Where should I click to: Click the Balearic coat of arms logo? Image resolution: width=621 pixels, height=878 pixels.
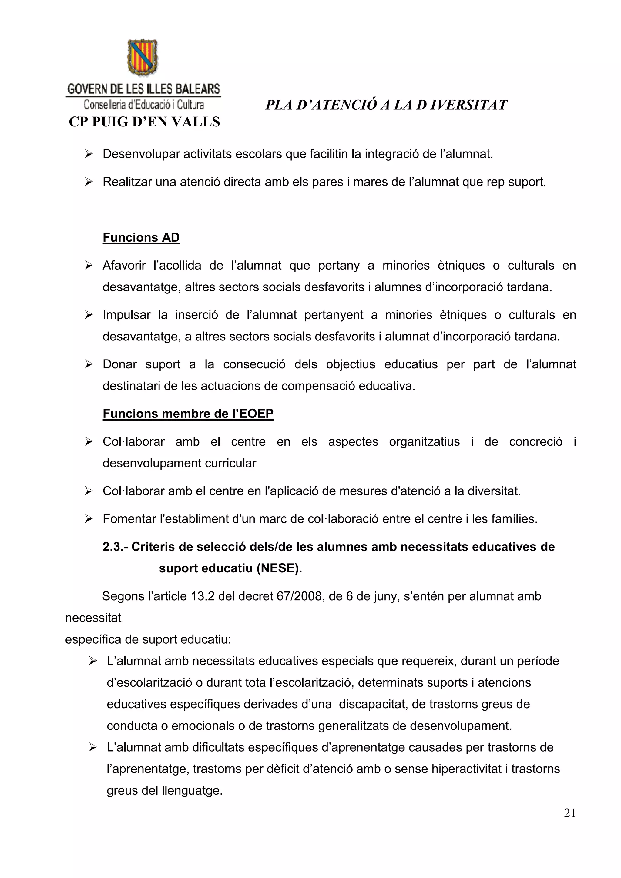[x=142, y=57]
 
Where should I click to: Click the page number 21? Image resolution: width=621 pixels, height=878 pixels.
[x=569, y=823]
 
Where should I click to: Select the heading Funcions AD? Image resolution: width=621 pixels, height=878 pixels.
[x=141, y=237]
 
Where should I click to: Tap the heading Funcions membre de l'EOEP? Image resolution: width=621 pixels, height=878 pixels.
[x=188, y=414]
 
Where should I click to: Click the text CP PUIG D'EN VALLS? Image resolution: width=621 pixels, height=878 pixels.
[x=144, y=122]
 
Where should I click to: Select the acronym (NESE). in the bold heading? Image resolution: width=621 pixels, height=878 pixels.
[x=279, y=568]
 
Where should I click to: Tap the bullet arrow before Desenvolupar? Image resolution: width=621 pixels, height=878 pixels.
[x=89, y=154]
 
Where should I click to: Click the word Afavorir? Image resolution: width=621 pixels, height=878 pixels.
[x=124, y=265]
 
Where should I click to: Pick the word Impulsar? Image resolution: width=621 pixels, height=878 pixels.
[x=126, y=315]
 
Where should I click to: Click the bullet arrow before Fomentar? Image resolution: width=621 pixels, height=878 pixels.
[x=89, y=519]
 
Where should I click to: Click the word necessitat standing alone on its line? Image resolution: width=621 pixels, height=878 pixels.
[x=93, y=618]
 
